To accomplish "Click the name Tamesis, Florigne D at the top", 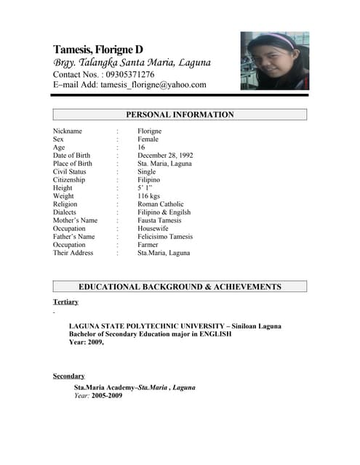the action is click(98, 49).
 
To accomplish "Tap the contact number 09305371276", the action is click(128, 74).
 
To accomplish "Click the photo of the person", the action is click(274, 61).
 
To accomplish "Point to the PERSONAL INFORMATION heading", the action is click(180, 115).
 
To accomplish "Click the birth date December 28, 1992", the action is click(165, 155).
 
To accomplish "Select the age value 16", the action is click(141, 147).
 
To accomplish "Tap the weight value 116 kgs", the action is click(150, 196).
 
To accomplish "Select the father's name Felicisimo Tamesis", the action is click(165, 237).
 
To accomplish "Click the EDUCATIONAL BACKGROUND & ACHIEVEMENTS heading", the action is click(180, 287).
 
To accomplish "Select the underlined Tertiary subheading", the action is click(65, 302).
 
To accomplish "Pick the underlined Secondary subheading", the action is click(68, 376).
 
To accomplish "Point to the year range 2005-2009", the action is click(107, 396).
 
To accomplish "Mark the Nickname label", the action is click(68, 132).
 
